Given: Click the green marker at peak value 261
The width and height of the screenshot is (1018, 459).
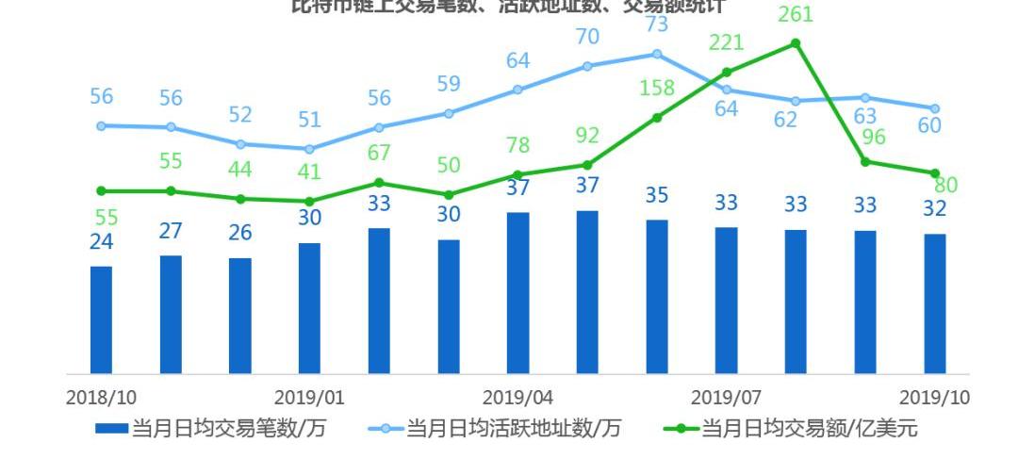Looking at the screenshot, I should point(796,43).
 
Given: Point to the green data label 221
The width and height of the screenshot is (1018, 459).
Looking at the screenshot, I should point(726,42).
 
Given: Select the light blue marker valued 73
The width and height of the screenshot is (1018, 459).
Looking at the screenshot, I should point(657,54).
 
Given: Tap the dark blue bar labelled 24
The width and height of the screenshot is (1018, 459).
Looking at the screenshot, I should point(101,320).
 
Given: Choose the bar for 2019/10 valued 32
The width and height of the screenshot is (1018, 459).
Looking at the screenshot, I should point(935,303).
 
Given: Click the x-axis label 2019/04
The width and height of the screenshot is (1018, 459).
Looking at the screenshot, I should point(517,397).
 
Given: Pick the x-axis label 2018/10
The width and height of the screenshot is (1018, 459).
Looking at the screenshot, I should point(101,397).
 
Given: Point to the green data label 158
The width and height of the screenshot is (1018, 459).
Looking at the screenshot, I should point(657,89).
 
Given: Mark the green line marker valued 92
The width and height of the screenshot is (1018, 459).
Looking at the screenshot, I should point(587,165).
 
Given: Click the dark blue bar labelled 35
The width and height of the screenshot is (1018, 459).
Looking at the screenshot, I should point(657,296).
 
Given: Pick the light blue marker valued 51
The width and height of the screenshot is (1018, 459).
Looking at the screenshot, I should point(309,149).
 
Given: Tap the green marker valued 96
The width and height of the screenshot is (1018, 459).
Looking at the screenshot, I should point(865,161).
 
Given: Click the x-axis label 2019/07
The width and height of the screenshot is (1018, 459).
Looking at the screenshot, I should point(726,397).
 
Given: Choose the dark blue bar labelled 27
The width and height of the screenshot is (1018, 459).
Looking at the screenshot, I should point(171,314).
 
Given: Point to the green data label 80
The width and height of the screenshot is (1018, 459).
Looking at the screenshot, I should point(945,185).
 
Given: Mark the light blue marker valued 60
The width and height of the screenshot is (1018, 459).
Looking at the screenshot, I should point(935,108).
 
